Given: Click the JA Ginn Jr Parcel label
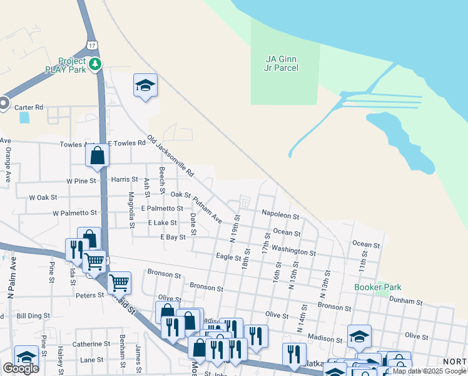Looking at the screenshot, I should pyautogui.click(x=285, y=63).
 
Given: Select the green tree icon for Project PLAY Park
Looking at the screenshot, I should pyautogui.click(x=96, y=64).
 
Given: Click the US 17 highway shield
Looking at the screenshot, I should pyautogui.click(x=93, y=46).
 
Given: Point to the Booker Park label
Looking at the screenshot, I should pyautogui.click(x=377, y=287).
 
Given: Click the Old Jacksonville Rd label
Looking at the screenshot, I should pyautogui.click(x=170, y=155).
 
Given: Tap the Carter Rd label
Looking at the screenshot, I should pyautogui.click(x=30, y=107).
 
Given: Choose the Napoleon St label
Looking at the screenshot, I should pyautogui.click(x=280, y=215).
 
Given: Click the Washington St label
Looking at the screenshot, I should pyautogui.click(x=293, y=251).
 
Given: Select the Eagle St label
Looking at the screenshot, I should pyautogui.click(x=228, y=257).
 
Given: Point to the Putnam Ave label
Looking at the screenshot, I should pyautogui.click(x=208, y=211).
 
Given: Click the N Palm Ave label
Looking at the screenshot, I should pyautogui.click(x=11, y=278).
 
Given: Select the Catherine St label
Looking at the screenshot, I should pyautogui.click(x=91, y=344).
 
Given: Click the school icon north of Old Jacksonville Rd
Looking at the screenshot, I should pyautogui.click(x=145, y=86).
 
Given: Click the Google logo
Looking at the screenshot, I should pyautogui.click(x=20, y=368).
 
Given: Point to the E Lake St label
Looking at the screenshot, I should pyautogui.click(x=163, y=222).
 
